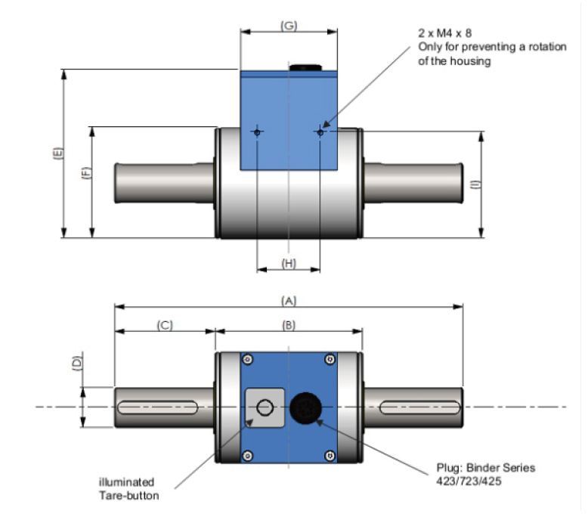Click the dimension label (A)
click(x=288, y=300)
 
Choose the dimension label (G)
click(x=288, y=26)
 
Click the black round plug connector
click(x=306, y=407)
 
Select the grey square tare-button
click(x=264, y=408)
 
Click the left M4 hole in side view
click(x=257, y=132)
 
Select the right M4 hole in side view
click(x=320, y=132)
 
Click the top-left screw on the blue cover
click(x=246, y=359)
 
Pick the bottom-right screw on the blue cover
click(x=330, y=454)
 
